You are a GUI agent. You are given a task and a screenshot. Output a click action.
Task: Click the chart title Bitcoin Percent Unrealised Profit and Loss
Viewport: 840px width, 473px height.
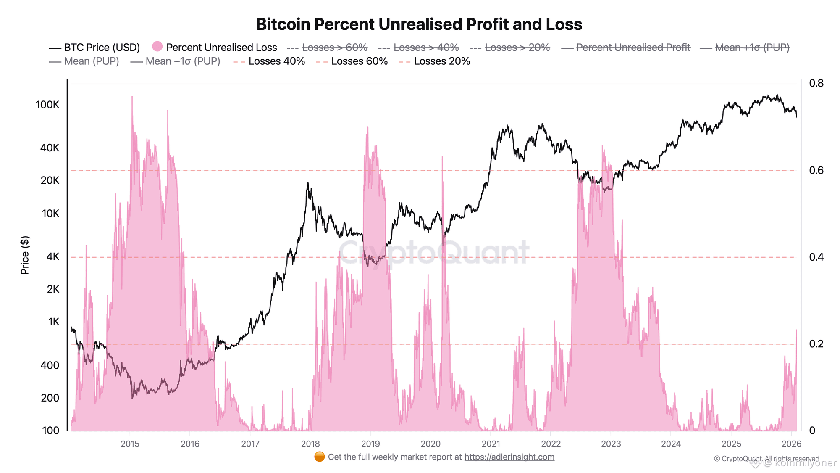coord(419,24)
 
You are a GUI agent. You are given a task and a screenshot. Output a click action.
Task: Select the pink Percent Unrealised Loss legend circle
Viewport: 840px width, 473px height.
coord(157,47)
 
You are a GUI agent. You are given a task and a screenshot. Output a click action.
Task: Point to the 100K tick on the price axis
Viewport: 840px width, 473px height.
coord(47,105)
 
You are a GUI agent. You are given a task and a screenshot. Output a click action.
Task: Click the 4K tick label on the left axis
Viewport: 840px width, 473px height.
coord(53,256)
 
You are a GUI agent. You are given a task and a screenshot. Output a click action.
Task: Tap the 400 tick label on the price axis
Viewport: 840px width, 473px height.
coord(50,365)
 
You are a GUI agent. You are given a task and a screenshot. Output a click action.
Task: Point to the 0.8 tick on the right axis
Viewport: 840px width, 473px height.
coord(816,83)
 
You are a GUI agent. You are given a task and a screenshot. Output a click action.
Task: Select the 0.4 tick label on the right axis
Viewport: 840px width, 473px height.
coord(816,257)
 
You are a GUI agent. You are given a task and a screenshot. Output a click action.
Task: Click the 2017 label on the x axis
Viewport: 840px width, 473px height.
coord(250,444)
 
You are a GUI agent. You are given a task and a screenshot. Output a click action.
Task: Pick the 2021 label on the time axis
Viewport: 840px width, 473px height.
coord(491,444)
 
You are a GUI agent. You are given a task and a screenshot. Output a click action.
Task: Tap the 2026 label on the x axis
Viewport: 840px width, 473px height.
coord(791,444)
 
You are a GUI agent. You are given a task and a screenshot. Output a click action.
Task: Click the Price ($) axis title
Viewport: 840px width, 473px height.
coord(25,255)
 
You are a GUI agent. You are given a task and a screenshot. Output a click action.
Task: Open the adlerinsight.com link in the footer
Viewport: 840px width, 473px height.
coord(509,457)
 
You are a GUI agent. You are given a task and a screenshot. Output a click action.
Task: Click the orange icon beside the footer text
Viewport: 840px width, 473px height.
coord(320,457)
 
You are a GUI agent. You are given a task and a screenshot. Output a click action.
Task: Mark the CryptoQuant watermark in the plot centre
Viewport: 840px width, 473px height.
coord(433,252)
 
